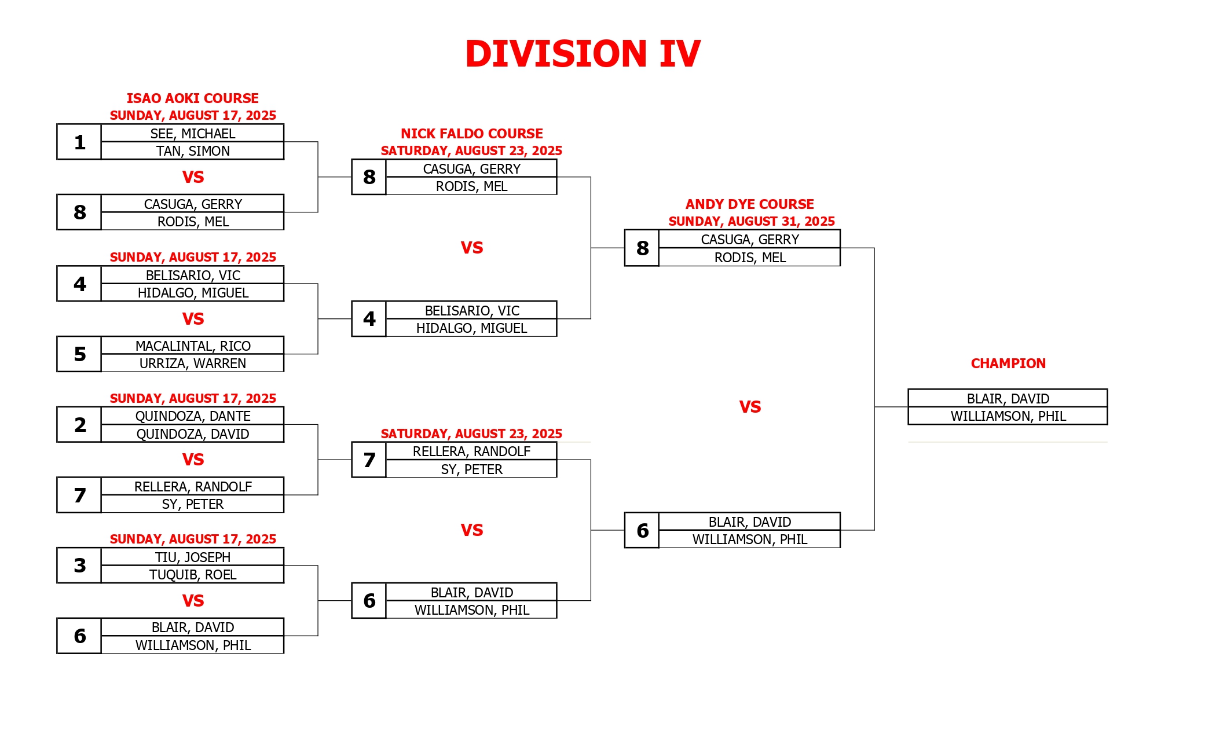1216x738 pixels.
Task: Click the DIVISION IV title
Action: [583, 54]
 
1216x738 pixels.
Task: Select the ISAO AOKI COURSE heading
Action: [193, 98]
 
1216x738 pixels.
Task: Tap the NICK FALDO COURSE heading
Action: [472, 134]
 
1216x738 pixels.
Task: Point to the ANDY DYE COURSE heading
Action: [750, 204]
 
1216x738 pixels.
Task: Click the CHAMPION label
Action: [1008, 364]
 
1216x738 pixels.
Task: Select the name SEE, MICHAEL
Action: [193, 134]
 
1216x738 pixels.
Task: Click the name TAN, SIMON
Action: [193, 151]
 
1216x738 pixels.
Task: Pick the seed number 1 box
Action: [79, 142]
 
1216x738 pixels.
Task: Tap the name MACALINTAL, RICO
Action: [193, 346]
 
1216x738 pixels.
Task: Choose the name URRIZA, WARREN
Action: [193, 364]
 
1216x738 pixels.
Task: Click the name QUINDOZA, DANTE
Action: [193, 416]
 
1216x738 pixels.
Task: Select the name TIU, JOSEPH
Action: [193, 557]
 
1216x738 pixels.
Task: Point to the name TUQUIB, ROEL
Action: [193, 575]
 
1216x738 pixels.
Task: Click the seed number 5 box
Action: [79, 354]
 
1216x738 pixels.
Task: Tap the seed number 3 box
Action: [79, 566]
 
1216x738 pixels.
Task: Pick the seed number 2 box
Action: [79, 424]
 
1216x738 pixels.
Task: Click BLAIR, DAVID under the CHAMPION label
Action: [1008, 399]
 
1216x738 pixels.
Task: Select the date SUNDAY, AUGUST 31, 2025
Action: [752, 222]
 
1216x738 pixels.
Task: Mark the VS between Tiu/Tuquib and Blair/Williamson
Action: [193, 601]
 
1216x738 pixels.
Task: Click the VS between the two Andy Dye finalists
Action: [750, 407]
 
